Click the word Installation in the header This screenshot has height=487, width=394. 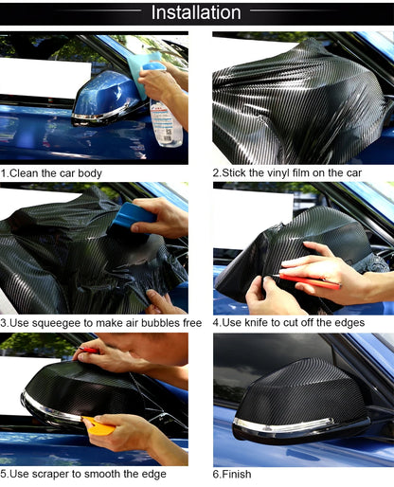[x=197, y=12]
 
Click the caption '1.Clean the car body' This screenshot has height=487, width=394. [x=51, y=173]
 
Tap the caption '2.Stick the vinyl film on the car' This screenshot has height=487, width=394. [x=287, y=173]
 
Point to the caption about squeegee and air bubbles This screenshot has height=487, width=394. [x=101, y=323]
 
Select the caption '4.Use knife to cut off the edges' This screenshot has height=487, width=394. [x=298, y=323]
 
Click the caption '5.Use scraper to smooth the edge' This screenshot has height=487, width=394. [x=81, y=473]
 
